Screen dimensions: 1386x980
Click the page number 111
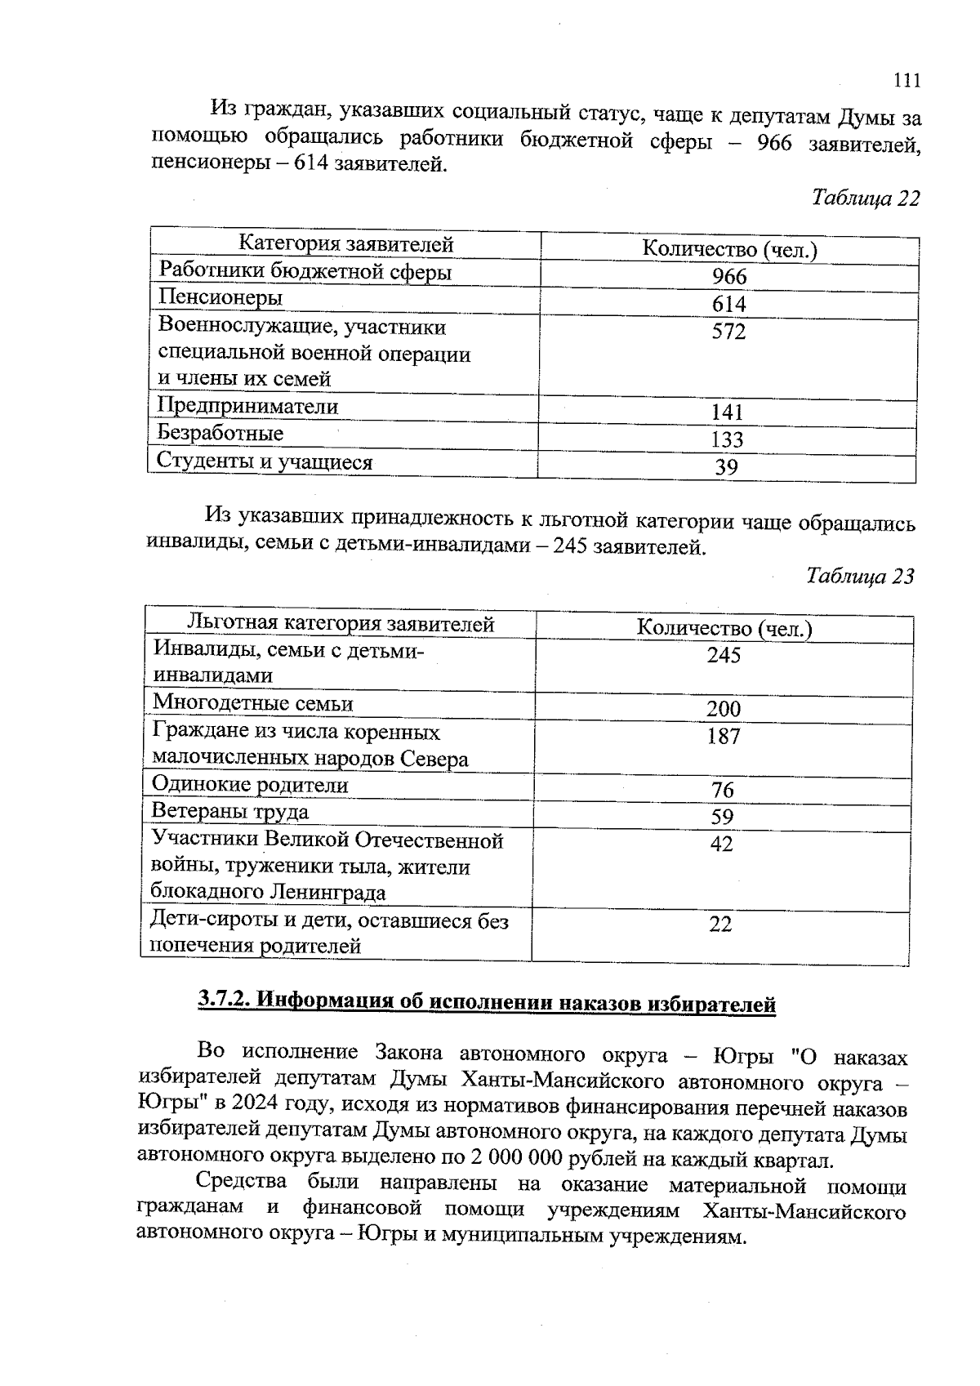(906, 80)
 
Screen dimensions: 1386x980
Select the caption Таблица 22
(865, 198)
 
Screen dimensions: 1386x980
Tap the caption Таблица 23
(860, 577)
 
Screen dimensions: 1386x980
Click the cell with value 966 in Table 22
(728, 277)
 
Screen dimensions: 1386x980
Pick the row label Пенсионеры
(220, 297)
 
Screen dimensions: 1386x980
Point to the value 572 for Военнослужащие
(728, 332)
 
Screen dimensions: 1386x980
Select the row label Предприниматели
(247, 406)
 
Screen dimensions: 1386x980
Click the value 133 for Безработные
(726, 440)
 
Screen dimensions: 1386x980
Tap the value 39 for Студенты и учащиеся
(726, 467)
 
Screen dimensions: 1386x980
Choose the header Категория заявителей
(345, 243)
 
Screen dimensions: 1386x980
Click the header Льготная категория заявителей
(341, 624)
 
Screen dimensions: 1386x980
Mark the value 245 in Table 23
(724, 655)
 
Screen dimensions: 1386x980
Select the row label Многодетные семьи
(253, 703)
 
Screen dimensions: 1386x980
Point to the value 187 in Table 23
(724, 737)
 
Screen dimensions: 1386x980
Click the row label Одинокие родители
(250, 785)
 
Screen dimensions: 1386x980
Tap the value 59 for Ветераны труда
(722, 817)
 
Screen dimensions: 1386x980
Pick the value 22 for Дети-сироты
(720, 925)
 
